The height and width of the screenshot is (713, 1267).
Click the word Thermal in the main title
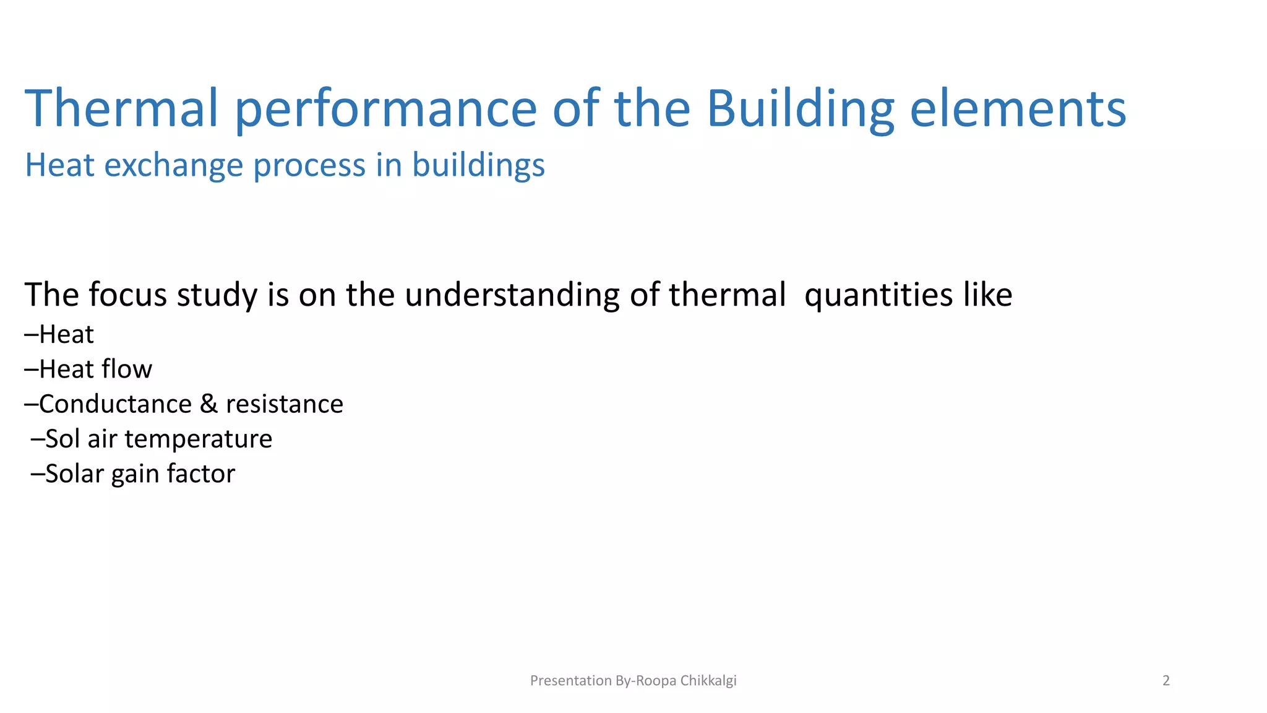(x=121, y=109)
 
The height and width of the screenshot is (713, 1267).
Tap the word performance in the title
(x=386, y=109)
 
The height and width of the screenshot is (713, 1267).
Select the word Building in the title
(x=800, y=109)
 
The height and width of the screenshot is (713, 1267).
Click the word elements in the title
(x=1018, y=109)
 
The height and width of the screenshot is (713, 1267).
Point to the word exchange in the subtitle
(x=173, y=166)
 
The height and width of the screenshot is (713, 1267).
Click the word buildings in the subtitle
(x=478, y=166)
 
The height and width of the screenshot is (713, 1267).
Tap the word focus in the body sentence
(x=127, y=295)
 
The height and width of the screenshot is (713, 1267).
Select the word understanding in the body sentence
(x=512, y=295)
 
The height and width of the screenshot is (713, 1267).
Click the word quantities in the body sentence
(x=878, y=295)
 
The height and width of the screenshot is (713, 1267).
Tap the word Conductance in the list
(x=115, y=404)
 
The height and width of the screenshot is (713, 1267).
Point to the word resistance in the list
(x=284, y=404)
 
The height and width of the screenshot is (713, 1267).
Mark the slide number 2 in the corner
(x=1166, y=681)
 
